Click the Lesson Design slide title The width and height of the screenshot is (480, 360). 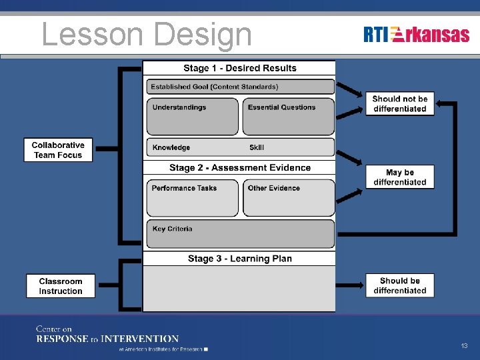click(x=147, y=35)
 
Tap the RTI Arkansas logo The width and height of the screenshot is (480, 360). click(x=417, y=35)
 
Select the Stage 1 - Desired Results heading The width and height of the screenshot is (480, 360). click(x=239, y=68)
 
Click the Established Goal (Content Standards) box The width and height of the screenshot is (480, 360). click(x=240, y=87)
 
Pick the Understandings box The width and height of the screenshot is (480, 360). click(x=192, y=116)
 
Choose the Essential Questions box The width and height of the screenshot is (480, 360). click(x=288, y=116)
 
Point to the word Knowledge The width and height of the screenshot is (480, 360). click(x=171, y=147)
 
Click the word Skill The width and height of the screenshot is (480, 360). click(x=257, y=147)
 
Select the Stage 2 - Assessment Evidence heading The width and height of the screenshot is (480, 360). click(x=239, y=167)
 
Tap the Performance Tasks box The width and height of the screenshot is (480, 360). click(x=192, y=197)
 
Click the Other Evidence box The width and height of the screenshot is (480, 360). click(x=288, y=197)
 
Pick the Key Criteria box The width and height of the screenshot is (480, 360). click(x=240, y=234)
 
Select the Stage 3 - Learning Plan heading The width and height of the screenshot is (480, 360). click(x=239, y=259)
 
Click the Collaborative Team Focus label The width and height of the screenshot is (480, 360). click(x=58, y=150)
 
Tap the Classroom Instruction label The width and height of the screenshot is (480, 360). click(x=60, y=286)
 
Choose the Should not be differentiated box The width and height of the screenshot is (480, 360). click(x=399, y=103)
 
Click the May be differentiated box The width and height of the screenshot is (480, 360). click(x=399, y=177)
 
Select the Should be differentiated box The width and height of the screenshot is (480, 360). click(x=399, y=285)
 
